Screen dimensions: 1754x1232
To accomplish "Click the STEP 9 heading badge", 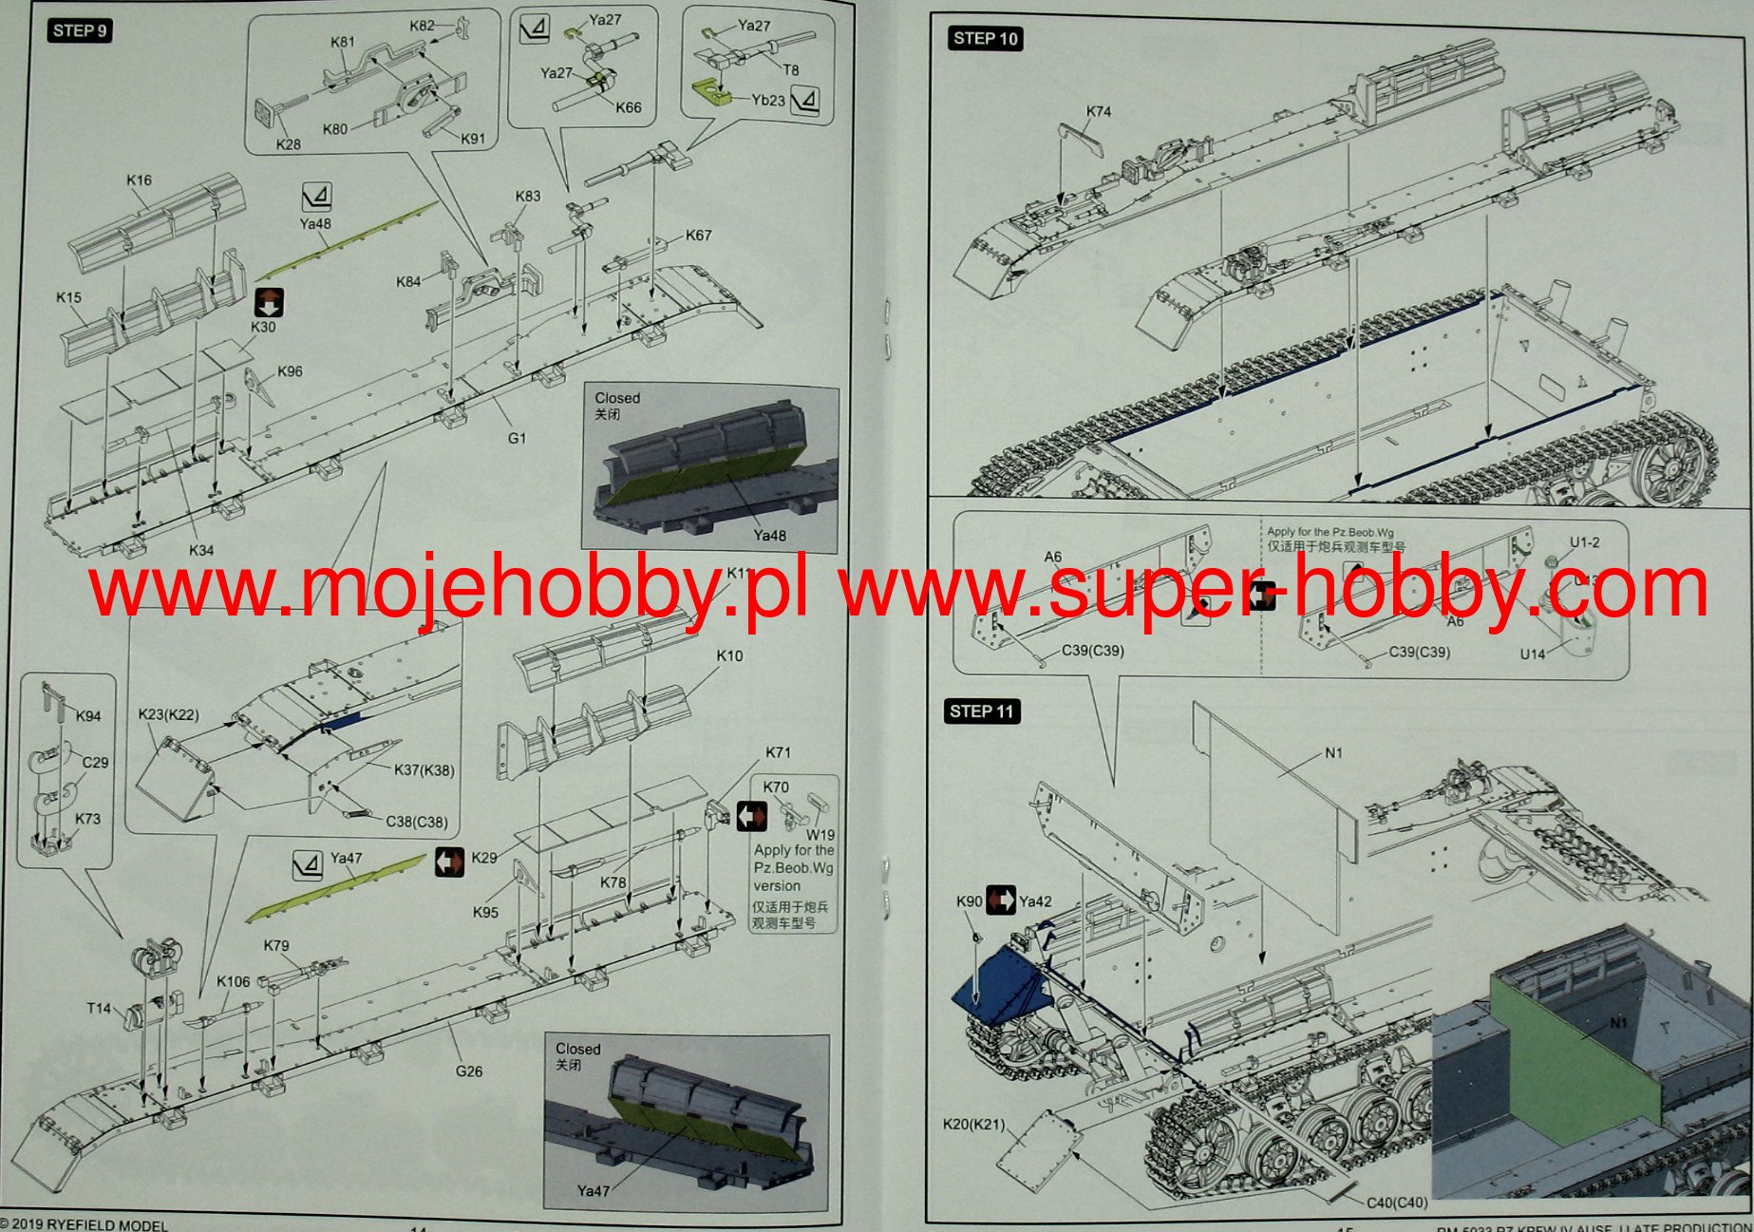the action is [80, 30].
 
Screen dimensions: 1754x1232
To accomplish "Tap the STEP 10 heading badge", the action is [985, 38].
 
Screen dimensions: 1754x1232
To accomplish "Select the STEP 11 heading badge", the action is [982, 711].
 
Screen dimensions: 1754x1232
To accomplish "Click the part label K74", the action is [1099, 111].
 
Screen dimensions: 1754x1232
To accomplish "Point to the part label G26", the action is [469, 1071].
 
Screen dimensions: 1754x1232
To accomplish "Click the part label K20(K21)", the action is [973, 1124].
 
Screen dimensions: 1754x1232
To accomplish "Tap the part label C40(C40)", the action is [1396, 1203].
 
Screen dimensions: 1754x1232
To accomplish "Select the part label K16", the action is [139, 180].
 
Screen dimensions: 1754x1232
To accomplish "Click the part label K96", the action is [290, 371].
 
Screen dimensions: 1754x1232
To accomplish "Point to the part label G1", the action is [517, 438].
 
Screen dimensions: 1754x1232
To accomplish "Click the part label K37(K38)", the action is [424, 770].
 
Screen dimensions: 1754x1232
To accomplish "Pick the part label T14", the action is [99, 1008].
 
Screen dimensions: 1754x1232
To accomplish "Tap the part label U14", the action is [1532, 654].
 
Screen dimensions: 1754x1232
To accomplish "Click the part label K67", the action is [698, 235].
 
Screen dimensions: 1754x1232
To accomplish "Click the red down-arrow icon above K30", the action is [270, 303].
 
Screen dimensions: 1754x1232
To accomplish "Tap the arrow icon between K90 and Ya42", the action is [1001, 900].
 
